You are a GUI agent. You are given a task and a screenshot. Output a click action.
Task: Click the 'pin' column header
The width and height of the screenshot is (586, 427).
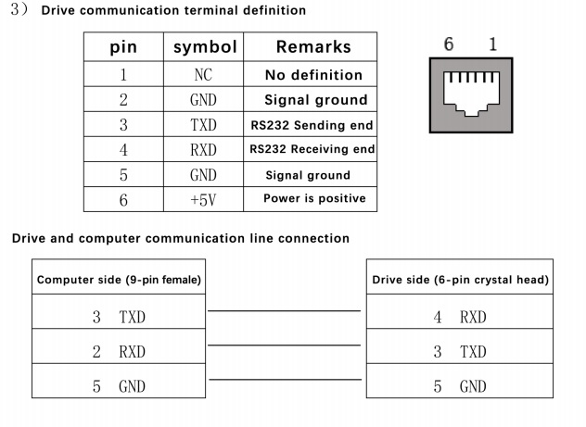point(123,47)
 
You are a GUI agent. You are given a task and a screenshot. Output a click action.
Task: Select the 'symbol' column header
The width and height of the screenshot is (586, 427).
point(205,47)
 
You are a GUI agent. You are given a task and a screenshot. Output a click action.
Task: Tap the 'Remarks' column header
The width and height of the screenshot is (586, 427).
point(313,46)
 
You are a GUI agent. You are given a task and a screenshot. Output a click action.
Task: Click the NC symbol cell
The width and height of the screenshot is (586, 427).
point(203,75)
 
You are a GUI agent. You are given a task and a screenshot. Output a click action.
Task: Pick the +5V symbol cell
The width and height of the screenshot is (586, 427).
point(203,200)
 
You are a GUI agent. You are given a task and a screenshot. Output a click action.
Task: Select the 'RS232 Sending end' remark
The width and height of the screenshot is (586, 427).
point(312,125)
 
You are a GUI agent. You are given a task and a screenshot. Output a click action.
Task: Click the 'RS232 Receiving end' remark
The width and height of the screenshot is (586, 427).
point(312,149)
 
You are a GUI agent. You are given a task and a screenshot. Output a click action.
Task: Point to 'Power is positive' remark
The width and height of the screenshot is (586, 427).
point(314,198)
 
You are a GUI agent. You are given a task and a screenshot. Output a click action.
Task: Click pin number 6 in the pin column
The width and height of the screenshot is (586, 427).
point(123,200)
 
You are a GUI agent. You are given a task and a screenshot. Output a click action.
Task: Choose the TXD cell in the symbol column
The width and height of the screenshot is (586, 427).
point(203,125)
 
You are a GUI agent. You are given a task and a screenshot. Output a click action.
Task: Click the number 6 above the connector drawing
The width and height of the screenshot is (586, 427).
point(449,44)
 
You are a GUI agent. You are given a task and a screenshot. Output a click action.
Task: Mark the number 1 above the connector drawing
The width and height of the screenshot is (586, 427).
point(493,44)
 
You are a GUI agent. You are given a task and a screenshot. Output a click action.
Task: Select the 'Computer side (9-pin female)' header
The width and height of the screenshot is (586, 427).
point(119,280)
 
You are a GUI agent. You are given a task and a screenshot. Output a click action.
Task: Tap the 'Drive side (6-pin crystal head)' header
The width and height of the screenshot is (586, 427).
point(460,280)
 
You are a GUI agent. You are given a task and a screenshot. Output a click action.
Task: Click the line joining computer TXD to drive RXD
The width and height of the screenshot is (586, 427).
point(284,310)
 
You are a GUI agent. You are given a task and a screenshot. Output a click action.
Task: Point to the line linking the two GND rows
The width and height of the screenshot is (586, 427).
point(286,380)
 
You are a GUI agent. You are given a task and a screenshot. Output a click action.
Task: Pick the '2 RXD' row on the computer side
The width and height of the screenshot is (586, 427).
point(119,352)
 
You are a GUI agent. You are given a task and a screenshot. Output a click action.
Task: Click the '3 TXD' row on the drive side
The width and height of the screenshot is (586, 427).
point(460,352)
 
